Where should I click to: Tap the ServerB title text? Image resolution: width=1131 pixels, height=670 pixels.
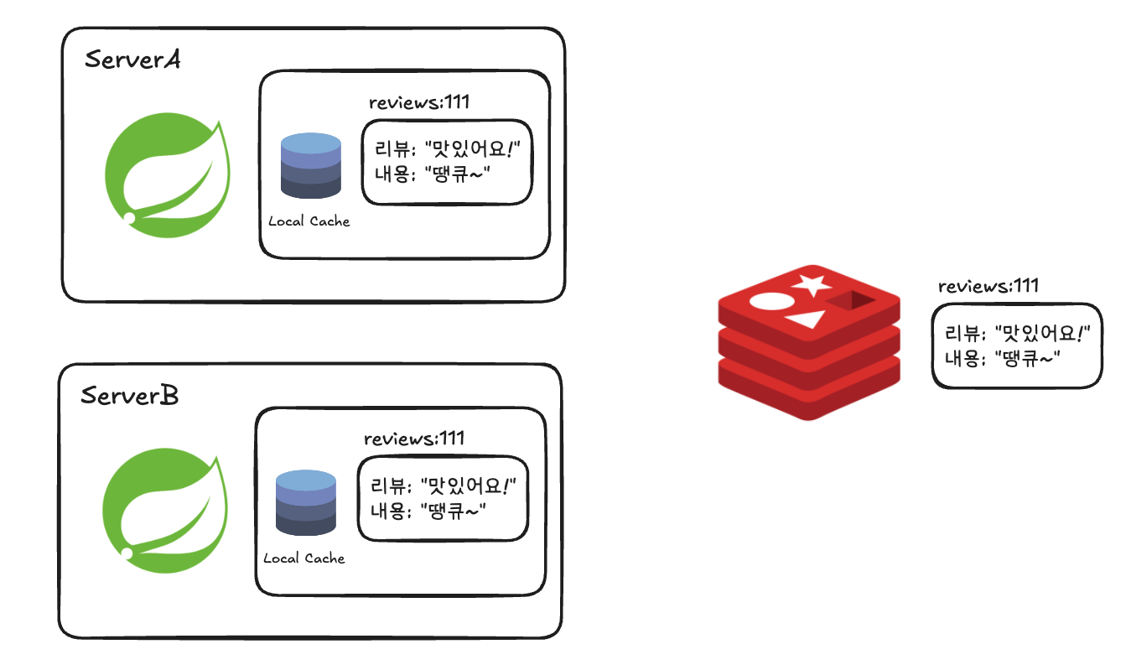pyautogui.click(x=129, y=396)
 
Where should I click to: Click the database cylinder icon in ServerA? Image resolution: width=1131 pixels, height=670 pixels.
pyautogui.click(x=310, y=166)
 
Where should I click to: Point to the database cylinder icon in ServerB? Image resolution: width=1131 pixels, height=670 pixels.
pyautogui.click(x=306, y=502)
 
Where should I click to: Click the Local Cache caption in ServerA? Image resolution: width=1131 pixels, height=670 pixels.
pyautogui.click(x=309, y=222)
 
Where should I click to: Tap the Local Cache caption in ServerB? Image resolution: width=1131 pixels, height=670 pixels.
pyautogui.click(x=304, y=558)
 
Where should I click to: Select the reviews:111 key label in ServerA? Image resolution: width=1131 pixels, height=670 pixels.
pyautogui.click(x=418, y=103)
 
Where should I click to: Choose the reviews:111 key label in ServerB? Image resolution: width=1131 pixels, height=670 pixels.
pyautogui.click(x=414, y=439)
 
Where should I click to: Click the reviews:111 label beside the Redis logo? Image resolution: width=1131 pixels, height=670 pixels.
pyautogui.click(x=988, y=287)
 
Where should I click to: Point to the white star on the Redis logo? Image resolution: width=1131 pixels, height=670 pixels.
pyautogui.click(x=811, y=284)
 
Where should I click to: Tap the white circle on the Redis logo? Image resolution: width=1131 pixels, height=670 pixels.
pyautogui.click(x=770, y=302)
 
